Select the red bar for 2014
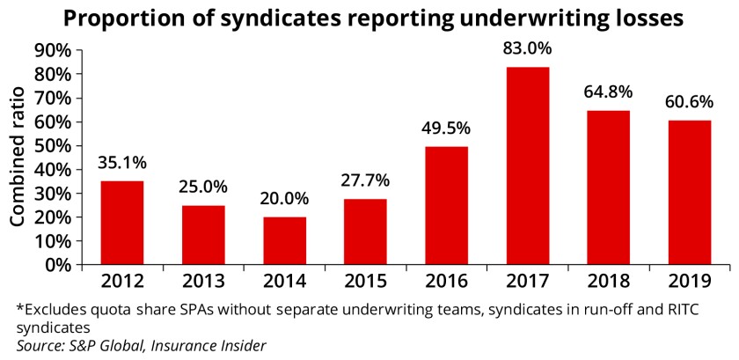pos(284,240)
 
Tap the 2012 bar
pos(121,222)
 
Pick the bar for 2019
pos(689,192)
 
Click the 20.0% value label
pos(284,199)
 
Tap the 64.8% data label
pos(607,92)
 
